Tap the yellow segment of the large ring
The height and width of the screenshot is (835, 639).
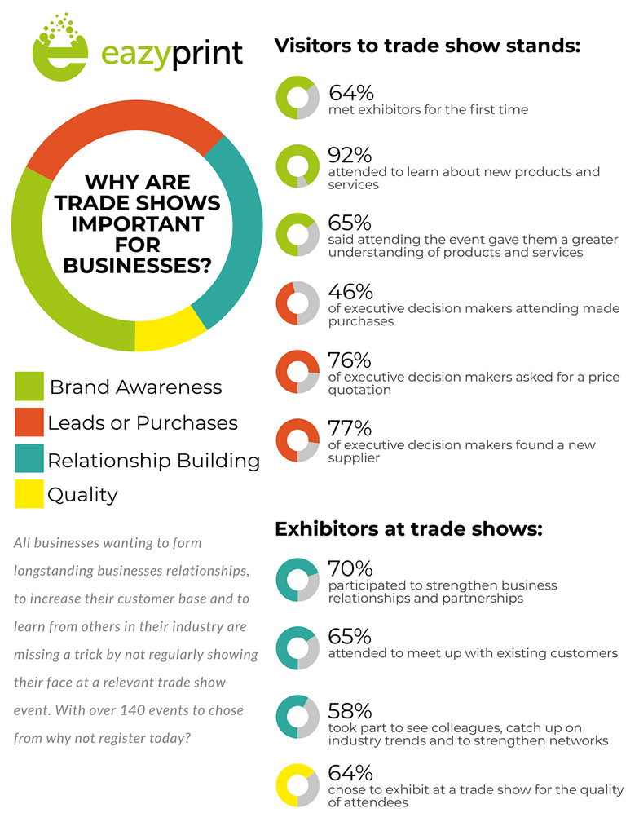pyautogui.click(x=170, y=332)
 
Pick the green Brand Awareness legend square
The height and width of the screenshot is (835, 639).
pyautogui.click(x=29, y=386)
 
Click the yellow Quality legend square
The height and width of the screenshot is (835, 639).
pyautogui.click(x=29, y=494)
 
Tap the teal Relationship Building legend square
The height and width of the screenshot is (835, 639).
pyautogui.click(x=29, y=458)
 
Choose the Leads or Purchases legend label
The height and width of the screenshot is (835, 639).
pyautogui.click(x=143, y=423)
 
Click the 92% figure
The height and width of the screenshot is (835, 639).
pyautogui.click(x=350, y=155)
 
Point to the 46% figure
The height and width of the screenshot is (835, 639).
pyautogui.click(x=350, y=291)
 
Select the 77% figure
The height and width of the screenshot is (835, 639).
pyautogui.click(x=350, y=428)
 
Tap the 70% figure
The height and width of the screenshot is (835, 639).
pyautogui.click(x=350, y=568)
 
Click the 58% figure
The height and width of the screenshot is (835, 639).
pyautogui.click(x=350, y=711)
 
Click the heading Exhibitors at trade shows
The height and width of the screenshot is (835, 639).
pyautogui.click(x=408, y=528)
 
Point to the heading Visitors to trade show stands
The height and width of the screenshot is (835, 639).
pyautogui.click(x=427, y=46)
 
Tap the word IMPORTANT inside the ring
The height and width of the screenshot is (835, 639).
pyautogui.click(x=138, y=223)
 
